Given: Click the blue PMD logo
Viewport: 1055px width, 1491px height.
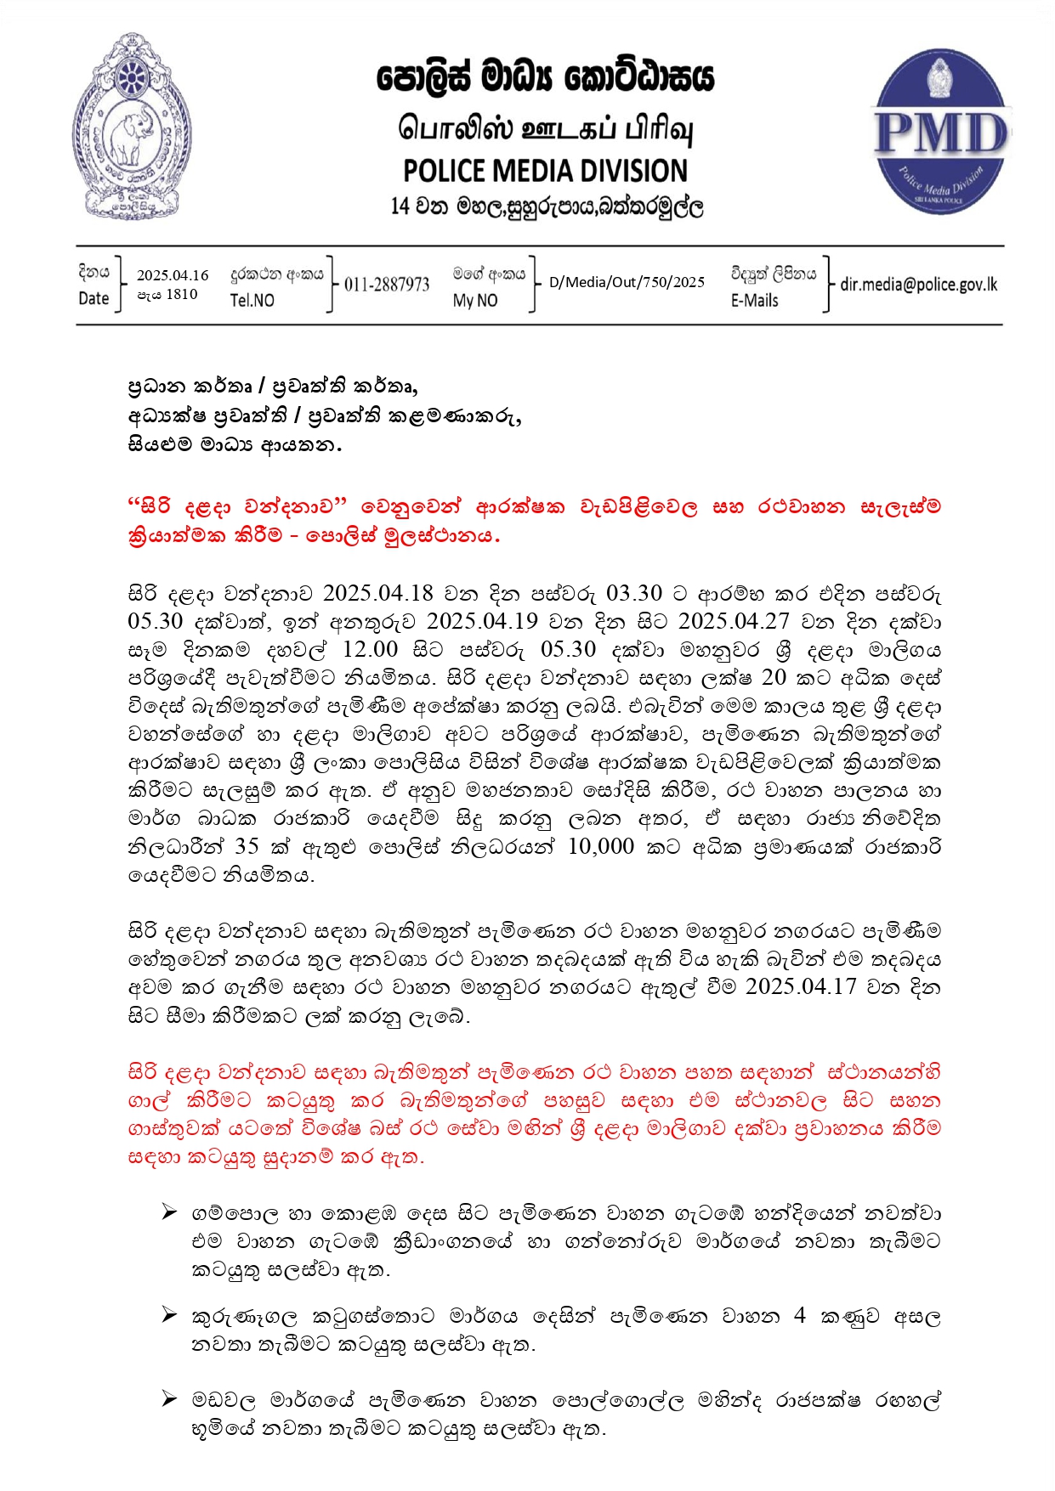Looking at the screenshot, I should coord(941,132).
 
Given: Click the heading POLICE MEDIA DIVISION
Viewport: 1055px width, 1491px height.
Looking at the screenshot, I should coord(545,171).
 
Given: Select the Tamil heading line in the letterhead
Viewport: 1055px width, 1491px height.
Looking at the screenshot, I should coord(545,129).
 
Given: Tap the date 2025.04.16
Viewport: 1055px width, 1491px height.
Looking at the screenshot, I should coord(173,275).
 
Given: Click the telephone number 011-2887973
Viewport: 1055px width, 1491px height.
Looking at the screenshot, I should coord(387,285).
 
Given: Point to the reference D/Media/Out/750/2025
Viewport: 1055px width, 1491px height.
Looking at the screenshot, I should coord(627,282).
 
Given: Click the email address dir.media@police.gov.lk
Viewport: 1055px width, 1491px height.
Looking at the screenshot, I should coord(918,285).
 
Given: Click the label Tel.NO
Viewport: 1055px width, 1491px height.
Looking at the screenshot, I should coord(252,300).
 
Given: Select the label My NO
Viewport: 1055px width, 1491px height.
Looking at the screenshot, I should coord(474,300).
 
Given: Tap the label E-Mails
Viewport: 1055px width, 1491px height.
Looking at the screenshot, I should coord(754,300).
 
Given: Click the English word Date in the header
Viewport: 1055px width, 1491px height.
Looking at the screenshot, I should coord(94,298).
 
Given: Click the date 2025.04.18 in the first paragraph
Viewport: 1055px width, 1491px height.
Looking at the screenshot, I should coord(377,593).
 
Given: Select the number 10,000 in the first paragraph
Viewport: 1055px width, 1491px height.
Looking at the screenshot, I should coord(601,846).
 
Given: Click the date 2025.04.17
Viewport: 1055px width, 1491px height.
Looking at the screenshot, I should coord(800,986).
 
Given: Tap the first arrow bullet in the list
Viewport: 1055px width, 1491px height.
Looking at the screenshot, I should coord(169,1211).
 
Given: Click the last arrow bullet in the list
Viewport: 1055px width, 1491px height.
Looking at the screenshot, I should coord(169,1398).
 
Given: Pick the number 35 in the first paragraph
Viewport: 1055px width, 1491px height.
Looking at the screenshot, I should coord(247,846).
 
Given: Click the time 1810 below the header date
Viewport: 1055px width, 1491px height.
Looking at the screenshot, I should coord(181,294).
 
